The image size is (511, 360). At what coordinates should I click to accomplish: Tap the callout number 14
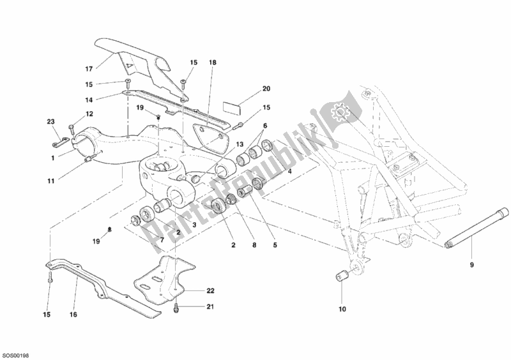pos(89,100)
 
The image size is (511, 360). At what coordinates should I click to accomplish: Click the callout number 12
pos(89,114)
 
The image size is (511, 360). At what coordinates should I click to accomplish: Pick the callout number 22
pos(210,291)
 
